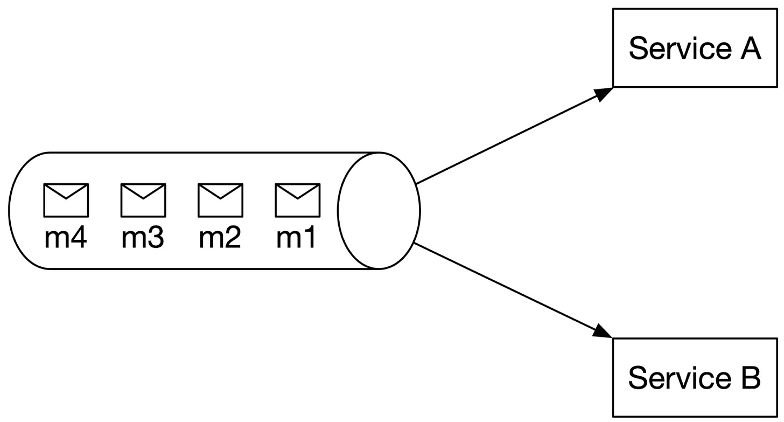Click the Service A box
(695, 49)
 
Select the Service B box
(695, 377)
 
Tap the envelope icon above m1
(298, 200)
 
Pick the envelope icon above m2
(220, 200)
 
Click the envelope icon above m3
(143, 200)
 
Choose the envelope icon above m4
(66, 200)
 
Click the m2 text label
(220, 238)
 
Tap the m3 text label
(143, 238)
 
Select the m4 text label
(66, 238)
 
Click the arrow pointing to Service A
(512, 136)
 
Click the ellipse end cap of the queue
(379, 210)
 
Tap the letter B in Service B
(748, 378)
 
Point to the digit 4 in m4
(78, 238)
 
